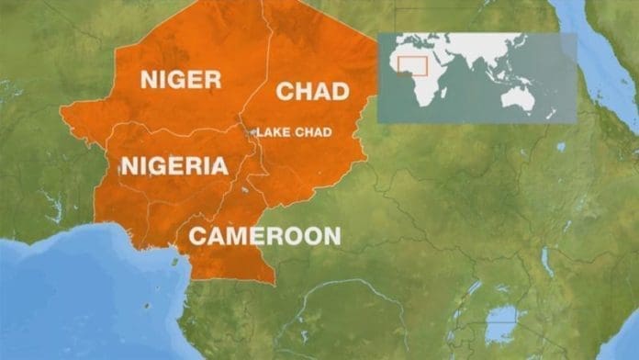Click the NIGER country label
coord(180,80)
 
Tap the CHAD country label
coord(312,91)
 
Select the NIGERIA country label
coord(174,166)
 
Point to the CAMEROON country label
coord(264,235)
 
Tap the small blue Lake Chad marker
coord(250,131)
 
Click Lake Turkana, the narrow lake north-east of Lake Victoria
coord(548,263)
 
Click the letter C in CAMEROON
coord(197,235)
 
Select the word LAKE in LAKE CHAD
coord(271,131)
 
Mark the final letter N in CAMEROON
coord(331,235)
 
